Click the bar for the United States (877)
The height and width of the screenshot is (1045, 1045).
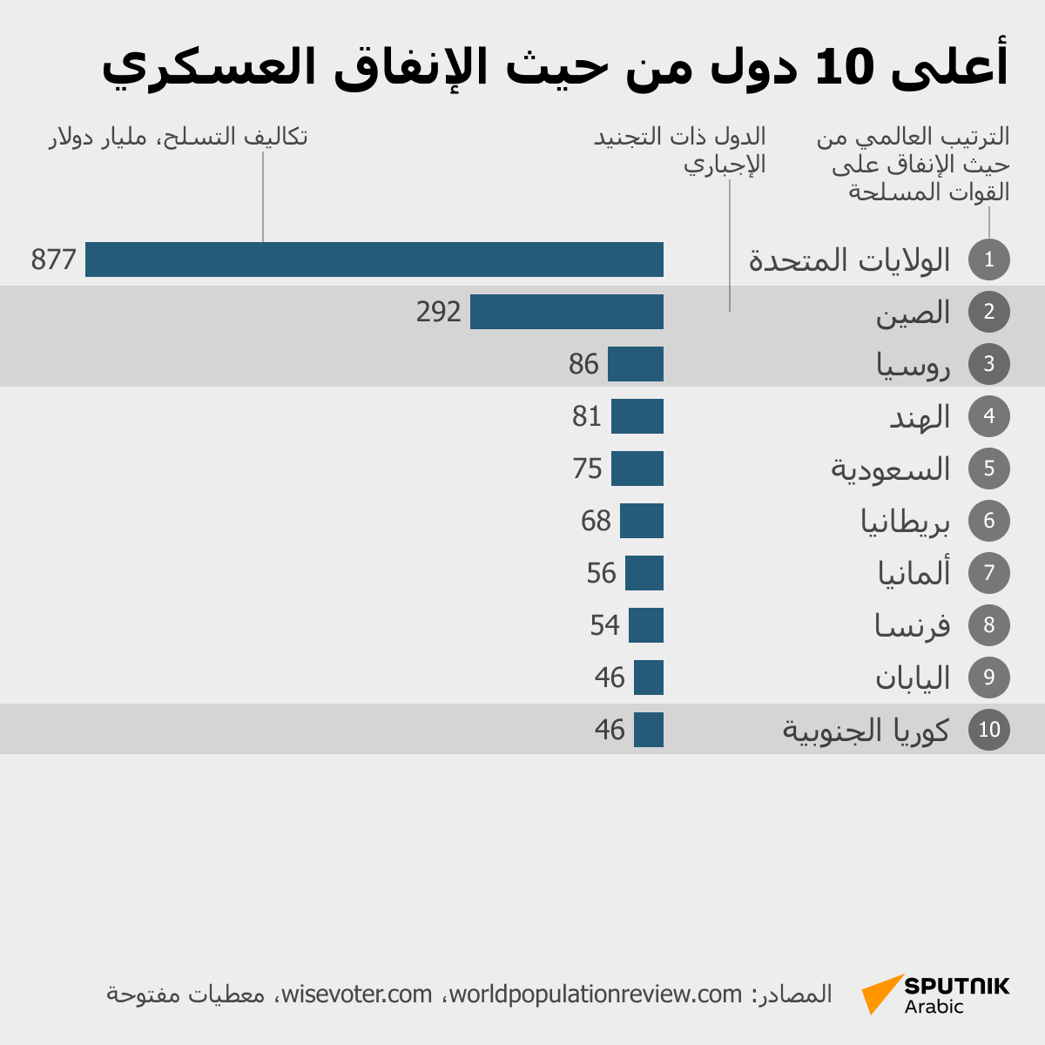coord(374,260)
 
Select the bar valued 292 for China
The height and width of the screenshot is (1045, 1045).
coord(567,312)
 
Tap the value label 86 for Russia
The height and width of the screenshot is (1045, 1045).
coord(583,364)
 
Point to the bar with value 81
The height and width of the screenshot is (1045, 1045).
coord(637,416)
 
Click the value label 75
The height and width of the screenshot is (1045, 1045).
coord(587,469)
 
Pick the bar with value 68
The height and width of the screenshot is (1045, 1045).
coord(642,521)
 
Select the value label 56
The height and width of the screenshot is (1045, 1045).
coord(601,573)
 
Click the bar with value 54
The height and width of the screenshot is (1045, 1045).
coord(646,625)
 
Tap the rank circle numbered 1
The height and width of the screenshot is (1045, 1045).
coord(988,260)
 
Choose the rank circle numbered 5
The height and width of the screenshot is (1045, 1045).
coord(988,469)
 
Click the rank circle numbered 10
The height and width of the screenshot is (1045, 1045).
coord(988,730)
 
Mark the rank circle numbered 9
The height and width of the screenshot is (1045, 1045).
coord(988,678)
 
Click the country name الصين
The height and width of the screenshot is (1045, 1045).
coord(913,313)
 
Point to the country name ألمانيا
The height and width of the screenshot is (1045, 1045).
coord(914,573)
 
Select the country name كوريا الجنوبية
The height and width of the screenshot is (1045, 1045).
coord(866,730)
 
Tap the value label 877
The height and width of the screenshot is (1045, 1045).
coord(54,260)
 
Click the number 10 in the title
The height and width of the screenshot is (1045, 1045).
coord(843,67)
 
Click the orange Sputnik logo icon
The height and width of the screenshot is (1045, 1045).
coord(881,994)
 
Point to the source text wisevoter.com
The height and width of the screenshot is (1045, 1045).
coord(357,994)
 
